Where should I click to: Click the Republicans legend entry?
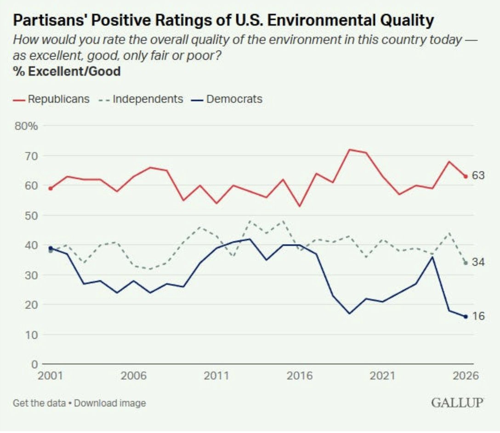coord(51,99)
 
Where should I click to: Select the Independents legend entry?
coord(141,99)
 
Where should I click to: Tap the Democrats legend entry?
coord(227,99)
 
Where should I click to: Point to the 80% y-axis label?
coord(26,126)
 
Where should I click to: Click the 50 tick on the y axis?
coord(31,216)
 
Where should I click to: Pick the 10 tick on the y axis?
coord(31,335)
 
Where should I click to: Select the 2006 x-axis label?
coord(134,376)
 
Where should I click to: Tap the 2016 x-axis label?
coord(300,376)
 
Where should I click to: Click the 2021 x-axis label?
coord(382,376)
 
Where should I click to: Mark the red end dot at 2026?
coord(466,177)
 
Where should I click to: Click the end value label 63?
coord(478,176)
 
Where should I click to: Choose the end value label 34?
coord(478,262)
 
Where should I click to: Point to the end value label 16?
coord(478,316)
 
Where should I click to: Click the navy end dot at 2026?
coord(466,317)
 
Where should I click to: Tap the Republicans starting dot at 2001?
coord(51,188)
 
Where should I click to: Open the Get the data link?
coord(39,403)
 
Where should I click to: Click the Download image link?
coord(110,403)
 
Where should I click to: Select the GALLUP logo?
coord(457,403)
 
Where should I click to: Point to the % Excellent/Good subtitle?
coord(67,71)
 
